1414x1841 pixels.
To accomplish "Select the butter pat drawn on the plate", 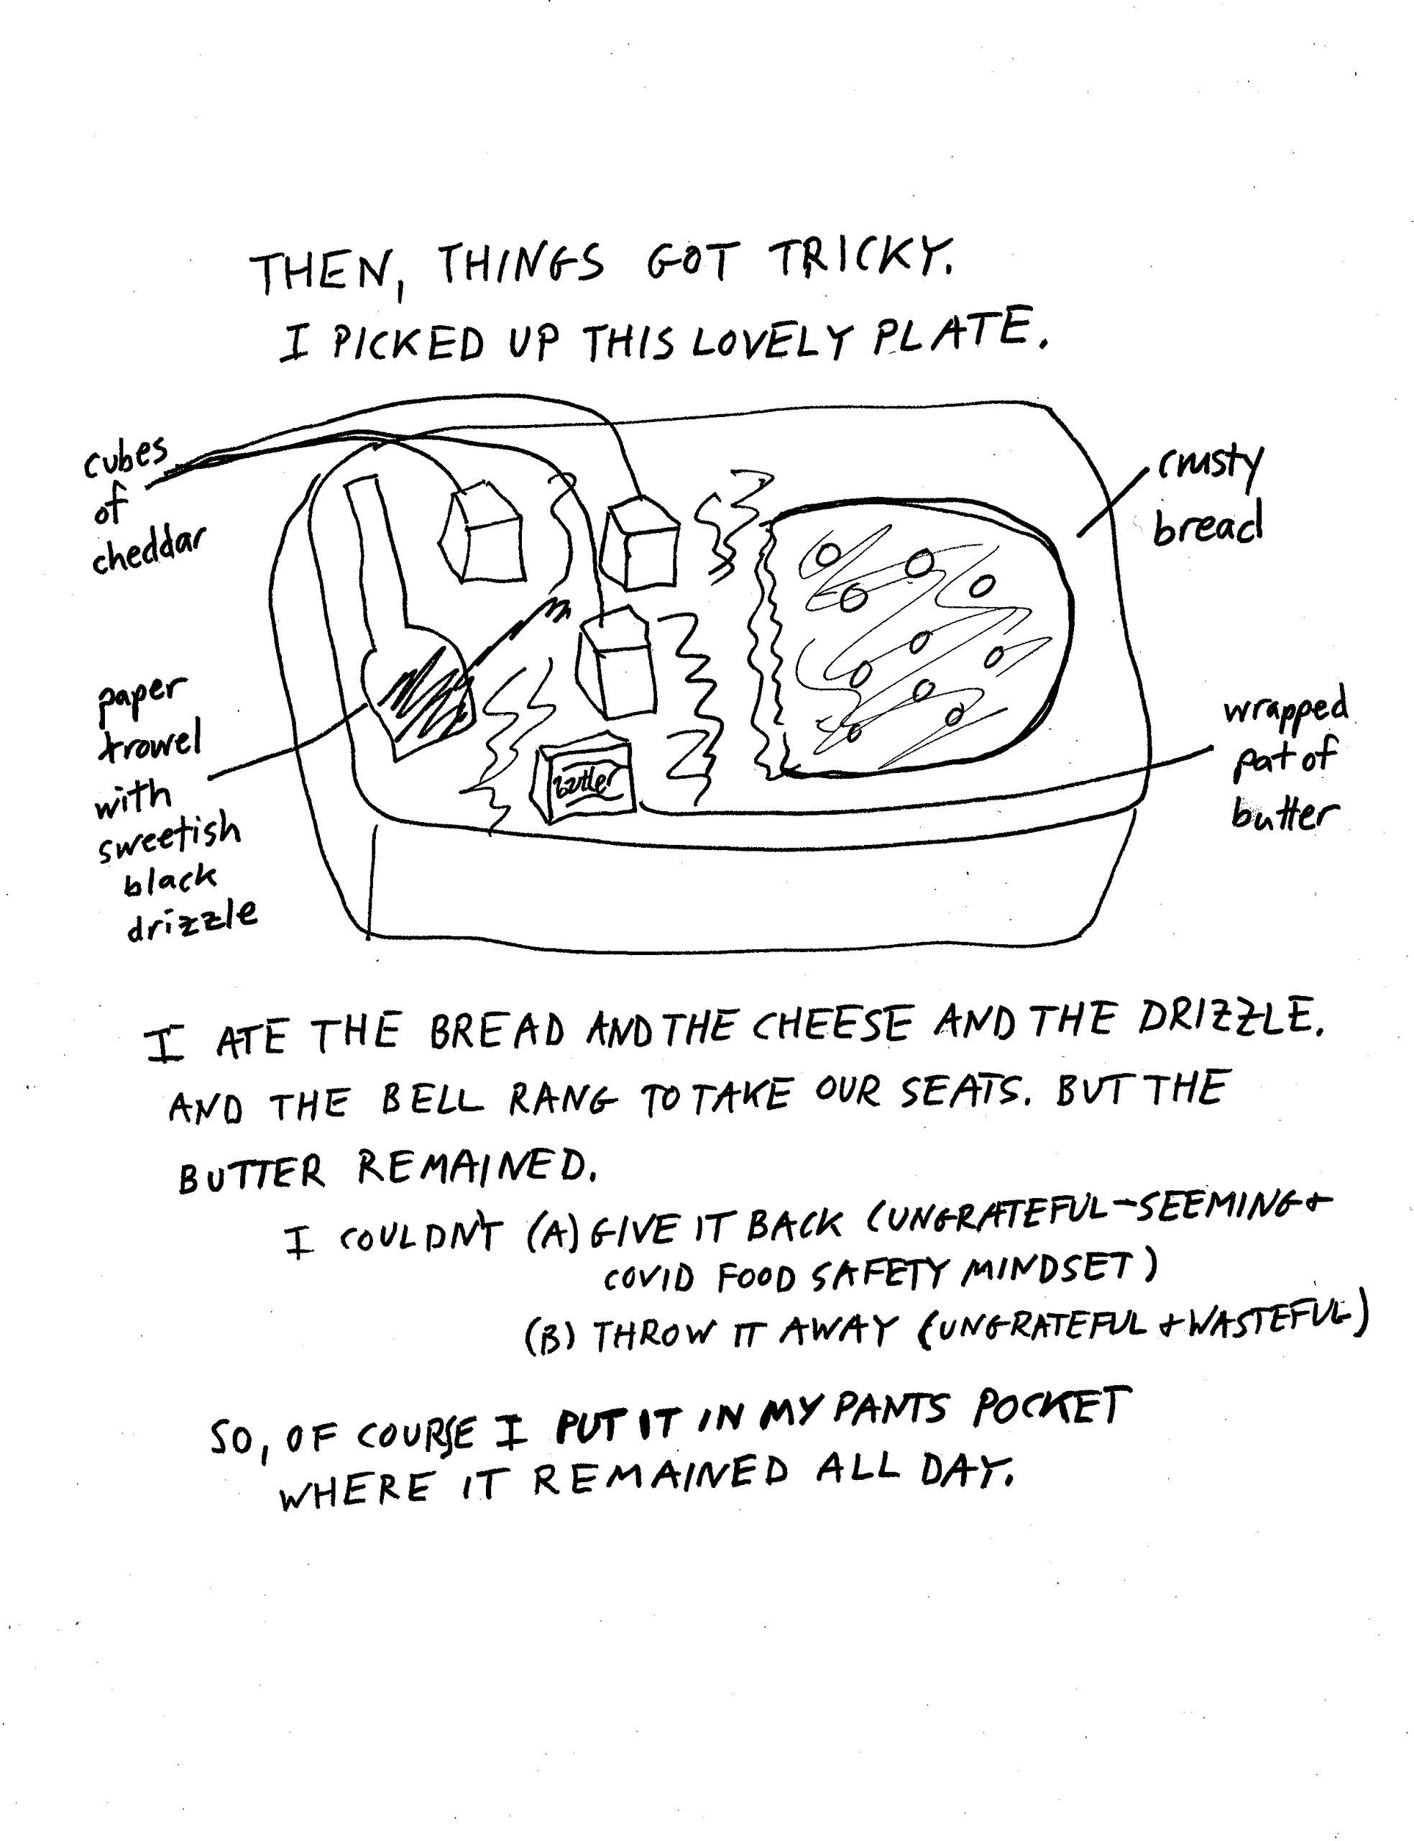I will point(582,780).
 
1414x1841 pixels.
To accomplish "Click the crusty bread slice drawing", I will point(917,640).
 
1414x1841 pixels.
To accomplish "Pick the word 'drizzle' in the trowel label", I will point(191,920).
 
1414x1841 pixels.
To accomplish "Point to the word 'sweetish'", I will point(168,838).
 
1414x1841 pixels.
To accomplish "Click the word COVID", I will point(648,1279).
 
